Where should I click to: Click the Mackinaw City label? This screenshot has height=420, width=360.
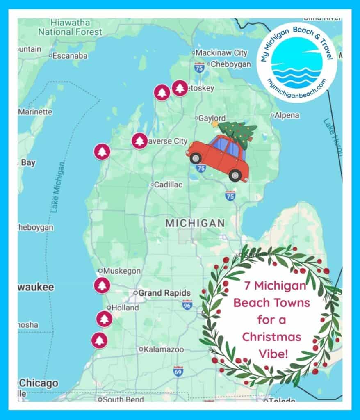tap(221, 53)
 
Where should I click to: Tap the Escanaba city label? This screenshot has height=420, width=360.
tap(70, 56)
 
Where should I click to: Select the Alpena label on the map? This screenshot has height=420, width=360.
tap(287, 116)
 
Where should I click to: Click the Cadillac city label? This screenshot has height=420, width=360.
tap(168, 185)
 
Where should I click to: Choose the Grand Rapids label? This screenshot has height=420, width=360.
tap(164, 293)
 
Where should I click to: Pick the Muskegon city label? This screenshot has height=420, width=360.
tap(122, 271)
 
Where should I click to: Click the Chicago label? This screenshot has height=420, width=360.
tap(39, 383)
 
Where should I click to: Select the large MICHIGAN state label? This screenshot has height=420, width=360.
tap(195, 223)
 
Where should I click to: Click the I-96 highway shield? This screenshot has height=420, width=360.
tap(187, 305)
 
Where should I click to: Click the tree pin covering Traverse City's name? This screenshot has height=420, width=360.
tap(139, 141)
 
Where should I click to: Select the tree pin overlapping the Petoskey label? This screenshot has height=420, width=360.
tap(179, 88)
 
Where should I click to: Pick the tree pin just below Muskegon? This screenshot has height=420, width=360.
tap(102, 285)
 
